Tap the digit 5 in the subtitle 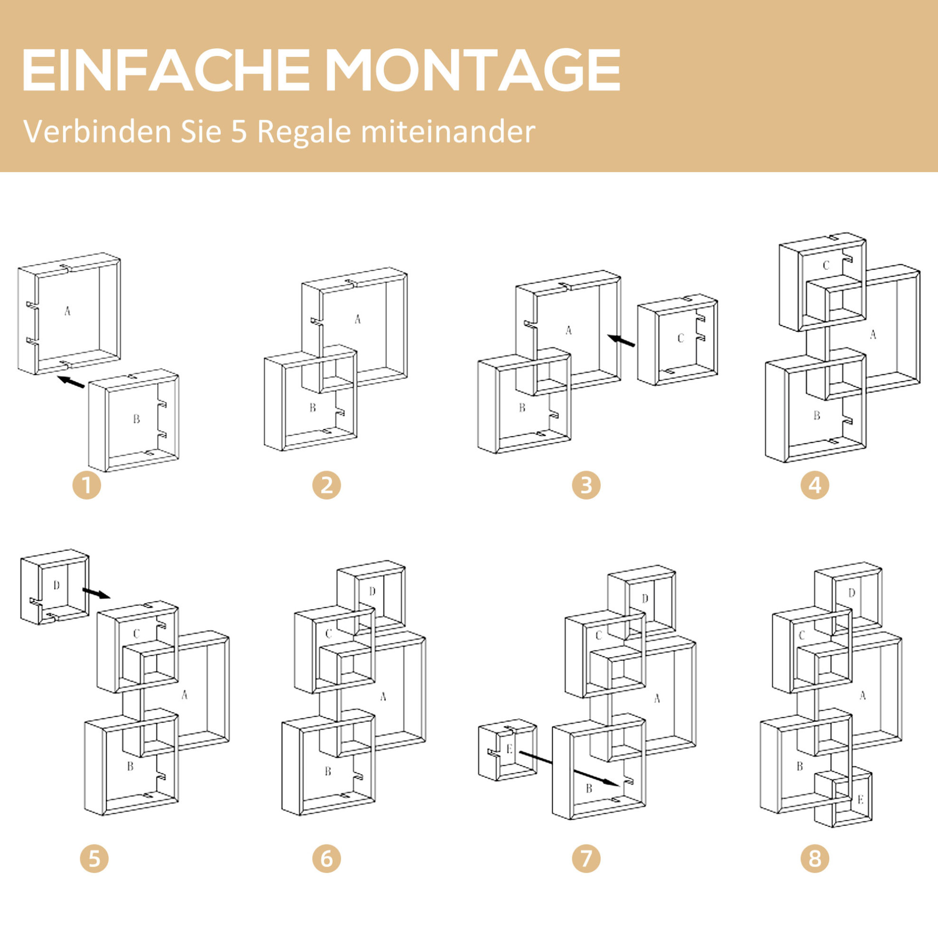coord(239,131)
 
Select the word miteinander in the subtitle coord(448,131)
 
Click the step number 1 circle coord(87,485)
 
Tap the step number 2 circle coord(327,485)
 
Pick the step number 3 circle coord(586,485)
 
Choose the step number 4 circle coord(815,485)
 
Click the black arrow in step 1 coord(70,381)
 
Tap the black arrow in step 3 coord(622,340)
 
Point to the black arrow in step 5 coord(97,593)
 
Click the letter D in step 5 coord(56,585)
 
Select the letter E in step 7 coord(509,749)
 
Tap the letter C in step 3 coord(681,338)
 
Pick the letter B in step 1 coord(137,418)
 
